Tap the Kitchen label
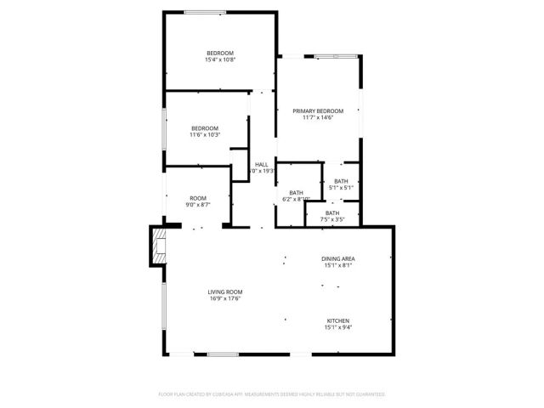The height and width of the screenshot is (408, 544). [337, 320]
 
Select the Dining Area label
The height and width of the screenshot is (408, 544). [337, 258]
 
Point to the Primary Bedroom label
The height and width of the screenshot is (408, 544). [318, 111]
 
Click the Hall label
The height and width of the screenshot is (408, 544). [262, 164]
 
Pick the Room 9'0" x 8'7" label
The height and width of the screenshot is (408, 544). [198, 198]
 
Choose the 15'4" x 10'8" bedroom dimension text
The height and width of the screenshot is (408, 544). [219, 59]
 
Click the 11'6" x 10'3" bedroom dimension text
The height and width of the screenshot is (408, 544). [204, 134]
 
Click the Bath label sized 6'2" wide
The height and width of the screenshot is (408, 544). [296, 193]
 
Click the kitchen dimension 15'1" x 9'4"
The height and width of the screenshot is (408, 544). [337, 327]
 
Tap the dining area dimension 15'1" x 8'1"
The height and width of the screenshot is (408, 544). [337, 265]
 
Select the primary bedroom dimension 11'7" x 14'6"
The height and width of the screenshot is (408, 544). [318, 118]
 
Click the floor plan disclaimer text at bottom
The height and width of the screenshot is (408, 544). [272, 394]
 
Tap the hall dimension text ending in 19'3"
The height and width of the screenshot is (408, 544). [263, 171]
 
